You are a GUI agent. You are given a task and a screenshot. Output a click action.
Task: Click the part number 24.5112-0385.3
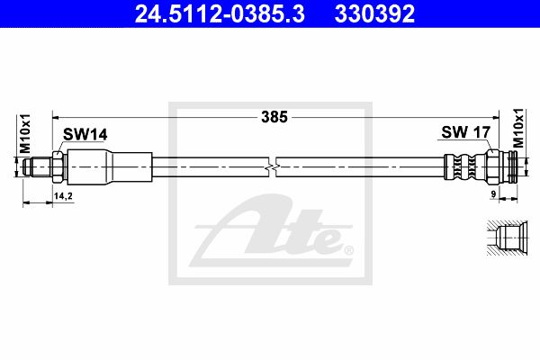[x=220, y=13]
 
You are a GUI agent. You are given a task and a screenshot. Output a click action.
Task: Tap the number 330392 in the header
[x=374, y=13]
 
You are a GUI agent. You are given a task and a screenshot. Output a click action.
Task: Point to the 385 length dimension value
[x=274, y=117]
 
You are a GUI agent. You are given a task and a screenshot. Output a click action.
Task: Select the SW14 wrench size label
[x=85, y=135]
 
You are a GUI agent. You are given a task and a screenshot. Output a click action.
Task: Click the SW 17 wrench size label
[x=465, y=132]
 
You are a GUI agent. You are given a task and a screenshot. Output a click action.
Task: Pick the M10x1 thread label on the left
[x=25, y=134]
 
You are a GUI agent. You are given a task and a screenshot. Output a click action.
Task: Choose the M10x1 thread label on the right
[x=518, y=128]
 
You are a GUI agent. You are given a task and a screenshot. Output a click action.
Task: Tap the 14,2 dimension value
[x=63, y=196]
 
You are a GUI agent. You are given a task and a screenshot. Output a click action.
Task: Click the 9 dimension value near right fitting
[x=493, y=194]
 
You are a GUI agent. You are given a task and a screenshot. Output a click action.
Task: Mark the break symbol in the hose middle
[x=273, y=167]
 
